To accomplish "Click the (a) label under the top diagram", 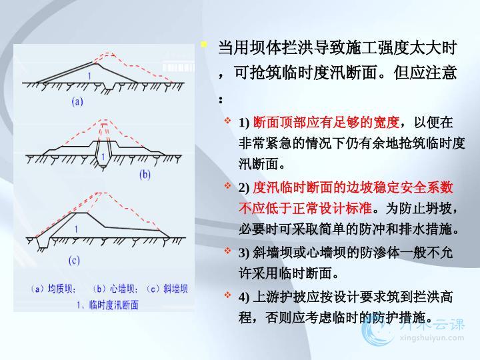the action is tap(77, 101).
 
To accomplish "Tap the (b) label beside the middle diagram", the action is tap(145, 175).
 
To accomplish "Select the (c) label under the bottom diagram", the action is tap(74, 261).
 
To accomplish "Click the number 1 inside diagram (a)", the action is tap(89, 75).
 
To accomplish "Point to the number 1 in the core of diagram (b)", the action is tap(103, 157).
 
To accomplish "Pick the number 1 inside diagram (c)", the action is tap(76, 229).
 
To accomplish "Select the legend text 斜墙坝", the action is tap(175, 289).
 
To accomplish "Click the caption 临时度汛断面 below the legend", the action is tap(113, 305).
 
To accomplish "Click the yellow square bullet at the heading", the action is tap(204, 45).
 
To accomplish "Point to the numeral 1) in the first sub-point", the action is tap(244, 123).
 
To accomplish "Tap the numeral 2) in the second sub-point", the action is tap(244, 188).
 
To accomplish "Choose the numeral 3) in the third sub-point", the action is tap(244, 253).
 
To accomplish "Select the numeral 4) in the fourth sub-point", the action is tap(244, 297).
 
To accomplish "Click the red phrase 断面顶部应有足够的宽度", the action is tap(326, 123).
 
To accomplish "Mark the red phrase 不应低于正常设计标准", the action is tap(305, 209).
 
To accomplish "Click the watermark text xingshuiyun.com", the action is tap(431, 338).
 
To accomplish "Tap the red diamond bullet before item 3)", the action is tap(227, 251).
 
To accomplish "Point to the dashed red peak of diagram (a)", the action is tap(108, 53).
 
